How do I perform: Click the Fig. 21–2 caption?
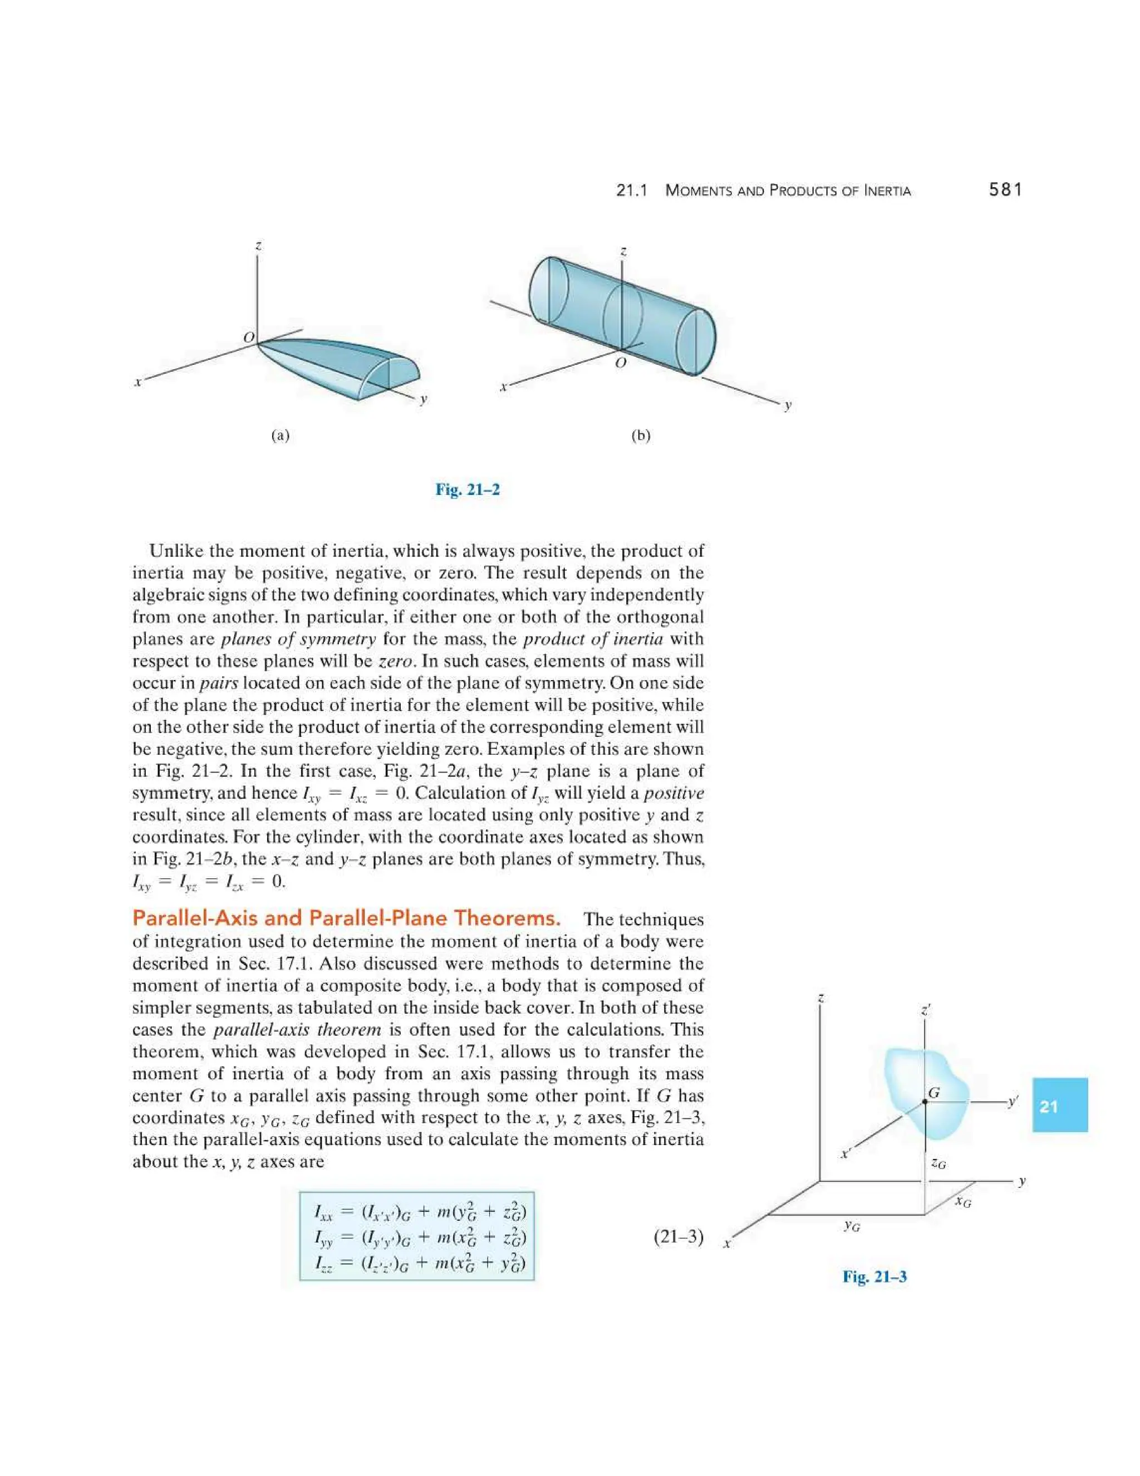point(468,489)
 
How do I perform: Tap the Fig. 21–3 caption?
point(874,1277)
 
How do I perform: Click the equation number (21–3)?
point(679,1238)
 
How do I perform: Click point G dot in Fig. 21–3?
point(925,1102)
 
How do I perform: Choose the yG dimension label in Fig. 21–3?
point(852,1226)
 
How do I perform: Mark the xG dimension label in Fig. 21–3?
point(964,1203)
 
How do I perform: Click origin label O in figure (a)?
point(248,336)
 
